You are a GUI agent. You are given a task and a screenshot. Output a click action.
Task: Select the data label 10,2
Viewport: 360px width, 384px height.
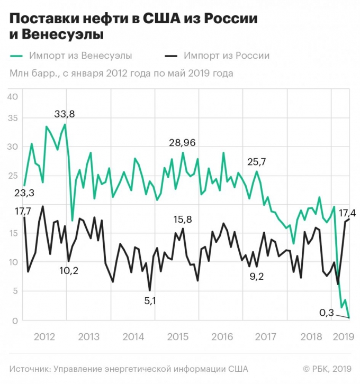click(68, 271)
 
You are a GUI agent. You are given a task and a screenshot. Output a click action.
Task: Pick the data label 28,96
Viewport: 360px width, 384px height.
click(183, 143)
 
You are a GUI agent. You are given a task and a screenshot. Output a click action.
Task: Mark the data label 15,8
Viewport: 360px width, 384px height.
click(183, 219)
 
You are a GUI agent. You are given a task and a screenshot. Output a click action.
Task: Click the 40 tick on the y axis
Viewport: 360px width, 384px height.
click(13, 96)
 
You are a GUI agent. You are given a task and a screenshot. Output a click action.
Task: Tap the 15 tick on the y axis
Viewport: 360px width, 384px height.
click(13, 233)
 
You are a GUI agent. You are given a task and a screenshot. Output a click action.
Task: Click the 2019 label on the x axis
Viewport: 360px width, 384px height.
click(343, 337)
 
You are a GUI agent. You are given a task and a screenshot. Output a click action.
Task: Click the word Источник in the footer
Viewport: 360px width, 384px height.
click(30, 369)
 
